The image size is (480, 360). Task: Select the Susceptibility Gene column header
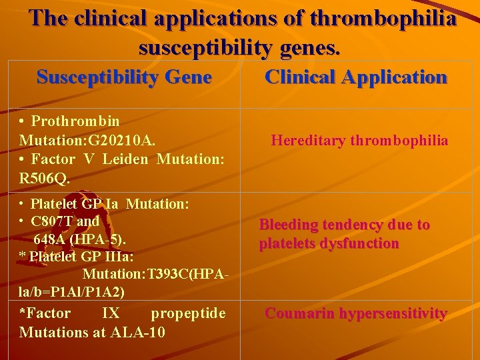[124, 77]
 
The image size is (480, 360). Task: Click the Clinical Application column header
[356, 77]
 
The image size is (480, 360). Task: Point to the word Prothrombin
[75, 121]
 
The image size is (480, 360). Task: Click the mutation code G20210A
[121, 141]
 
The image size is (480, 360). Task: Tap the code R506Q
[45, 179]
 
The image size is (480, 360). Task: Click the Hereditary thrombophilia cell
[359, 141]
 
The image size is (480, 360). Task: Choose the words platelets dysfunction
[329, 244]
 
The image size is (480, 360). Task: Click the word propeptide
[188, 313]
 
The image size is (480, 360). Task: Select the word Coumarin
[297, 313]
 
